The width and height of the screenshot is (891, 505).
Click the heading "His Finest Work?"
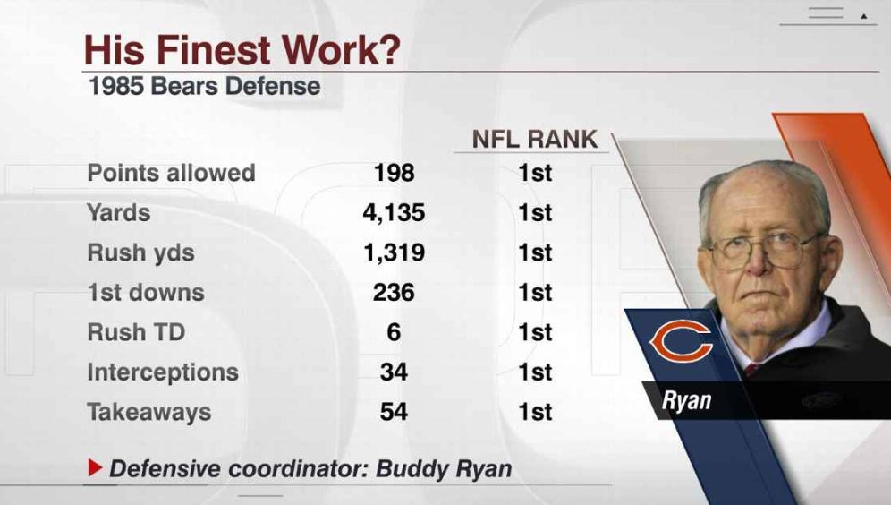pos(242,50)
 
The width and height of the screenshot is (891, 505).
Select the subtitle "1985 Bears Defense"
pos(204,87)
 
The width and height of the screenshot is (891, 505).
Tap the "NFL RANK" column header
pos(535,140)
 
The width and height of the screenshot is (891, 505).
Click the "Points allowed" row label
pos(171,173)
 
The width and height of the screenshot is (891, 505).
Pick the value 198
pos(395,173)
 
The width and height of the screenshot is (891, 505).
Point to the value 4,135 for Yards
pos(395,213)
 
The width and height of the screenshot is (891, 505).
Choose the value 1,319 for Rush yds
pos(395,252)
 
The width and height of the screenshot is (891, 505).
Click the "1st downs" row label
pos(146,293)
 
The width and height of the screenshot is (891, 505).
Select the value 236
pos(395,293)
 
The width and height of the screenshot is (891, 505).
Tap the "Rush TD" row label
pos(136,332)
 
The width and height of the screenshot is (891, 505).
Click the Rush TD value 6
pos(395,332)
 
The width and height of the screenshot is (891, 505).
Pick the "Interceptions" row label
pos(163,372)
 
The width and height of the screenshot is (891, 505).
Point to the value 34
pos(395,372)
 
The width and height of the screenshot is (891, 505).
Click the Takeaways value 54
pos(395,412)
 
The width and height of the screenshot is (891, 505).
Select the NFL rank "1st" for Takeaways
pos(535,412)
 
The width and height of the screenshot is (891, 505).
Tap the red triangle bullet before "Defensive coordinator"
pos(95,467)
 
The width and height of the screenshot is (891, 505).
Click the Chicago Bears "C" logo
pos(681,342)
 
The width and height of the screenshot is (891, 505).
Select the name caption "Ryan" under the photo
pos(686,400)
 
